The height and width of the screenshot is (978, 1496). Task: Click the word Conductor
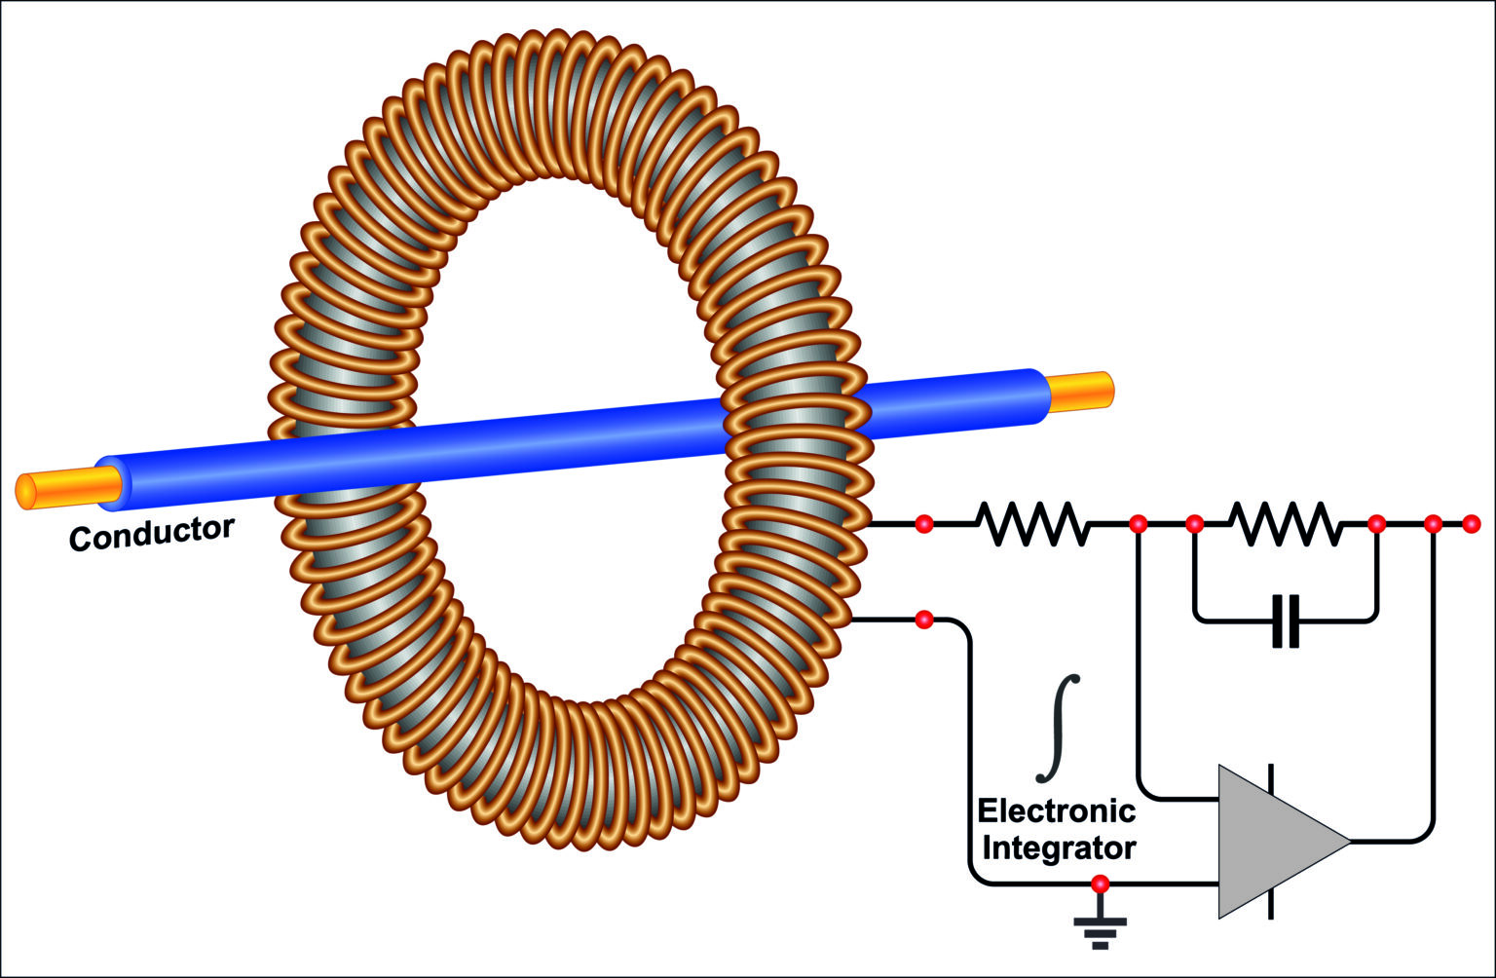[152, 533]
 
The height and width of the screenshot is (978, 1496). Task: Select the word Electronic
[1056, 810]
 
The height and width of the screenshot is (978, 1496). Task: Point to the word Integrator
[1059, 847]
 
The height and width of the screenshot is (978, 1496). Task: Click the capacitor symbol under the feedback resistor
[1286, 621]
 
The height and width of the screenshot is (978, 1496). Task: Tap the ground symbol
[1101, 929]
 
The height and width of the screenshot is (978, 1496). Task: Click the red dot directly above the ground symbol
[1101, 884]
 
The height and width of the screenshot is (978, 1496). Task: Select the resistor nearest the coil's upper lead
[1032, 524]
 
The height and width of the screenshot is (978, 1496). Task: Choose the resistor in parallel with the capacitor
[1286, 524]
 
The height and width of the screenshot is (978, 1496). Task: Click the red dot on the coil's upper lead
[924, 525]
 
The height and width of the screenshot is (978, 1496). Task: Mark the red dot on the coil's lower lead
[924, 620]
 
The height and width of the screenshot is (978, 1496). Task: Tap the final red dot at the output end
[1471, 525]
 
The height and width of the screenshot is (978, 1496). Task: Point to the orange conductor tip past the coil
[1081, 391]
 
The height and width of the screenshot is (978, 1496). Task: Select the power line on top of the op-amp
[1272, 779]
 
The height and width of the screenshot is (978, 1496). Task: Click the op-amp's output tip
[1348, 841]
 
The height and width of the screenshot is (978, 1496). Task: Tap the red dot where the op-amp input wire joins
[1137, 525]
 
